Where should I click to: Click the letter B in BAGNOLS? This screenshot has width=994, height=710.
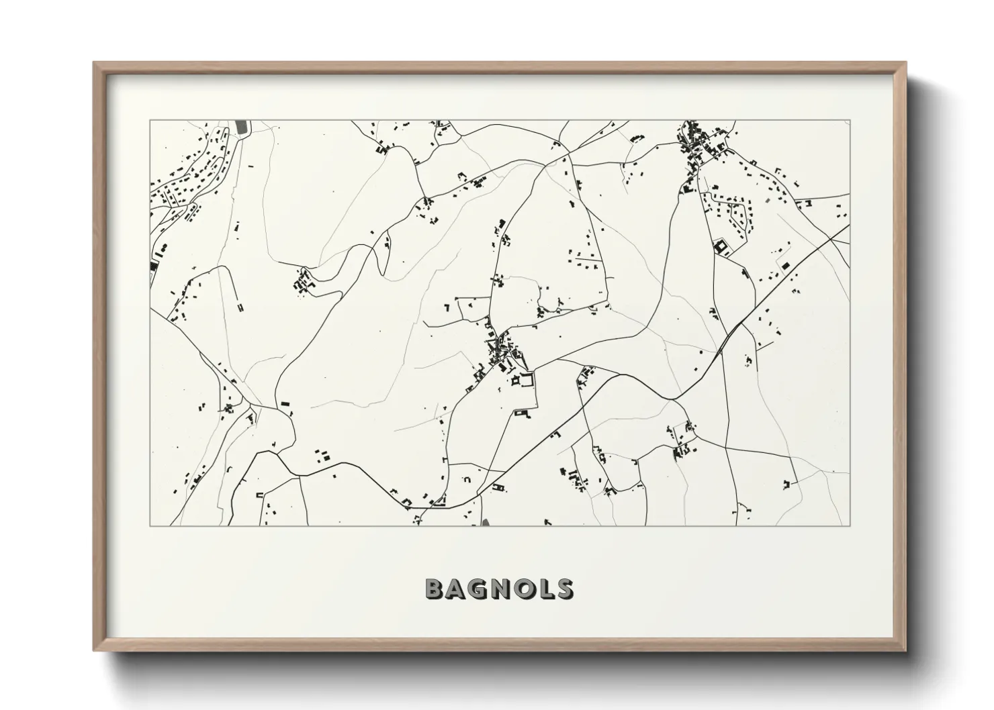tap(435, 589)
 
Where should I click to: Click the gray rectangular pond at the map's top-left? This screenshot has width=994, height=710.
tap(242, 127)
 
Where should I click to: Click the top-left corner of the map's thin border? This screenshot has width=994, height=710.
tap(150, 121)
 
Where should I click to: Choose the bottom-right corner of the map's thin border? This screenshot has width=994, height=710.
tap(850, 525)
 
